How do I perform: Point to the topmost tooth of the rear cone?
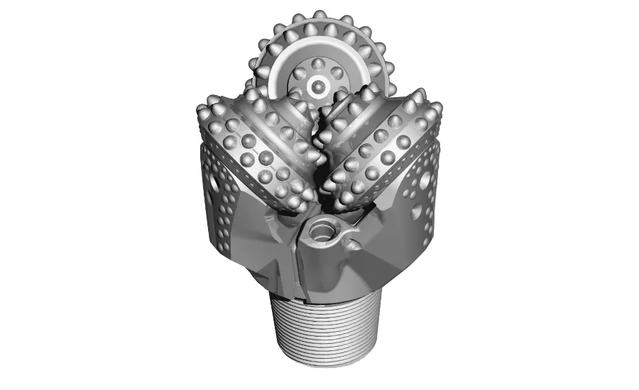[x=320, y=16]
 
